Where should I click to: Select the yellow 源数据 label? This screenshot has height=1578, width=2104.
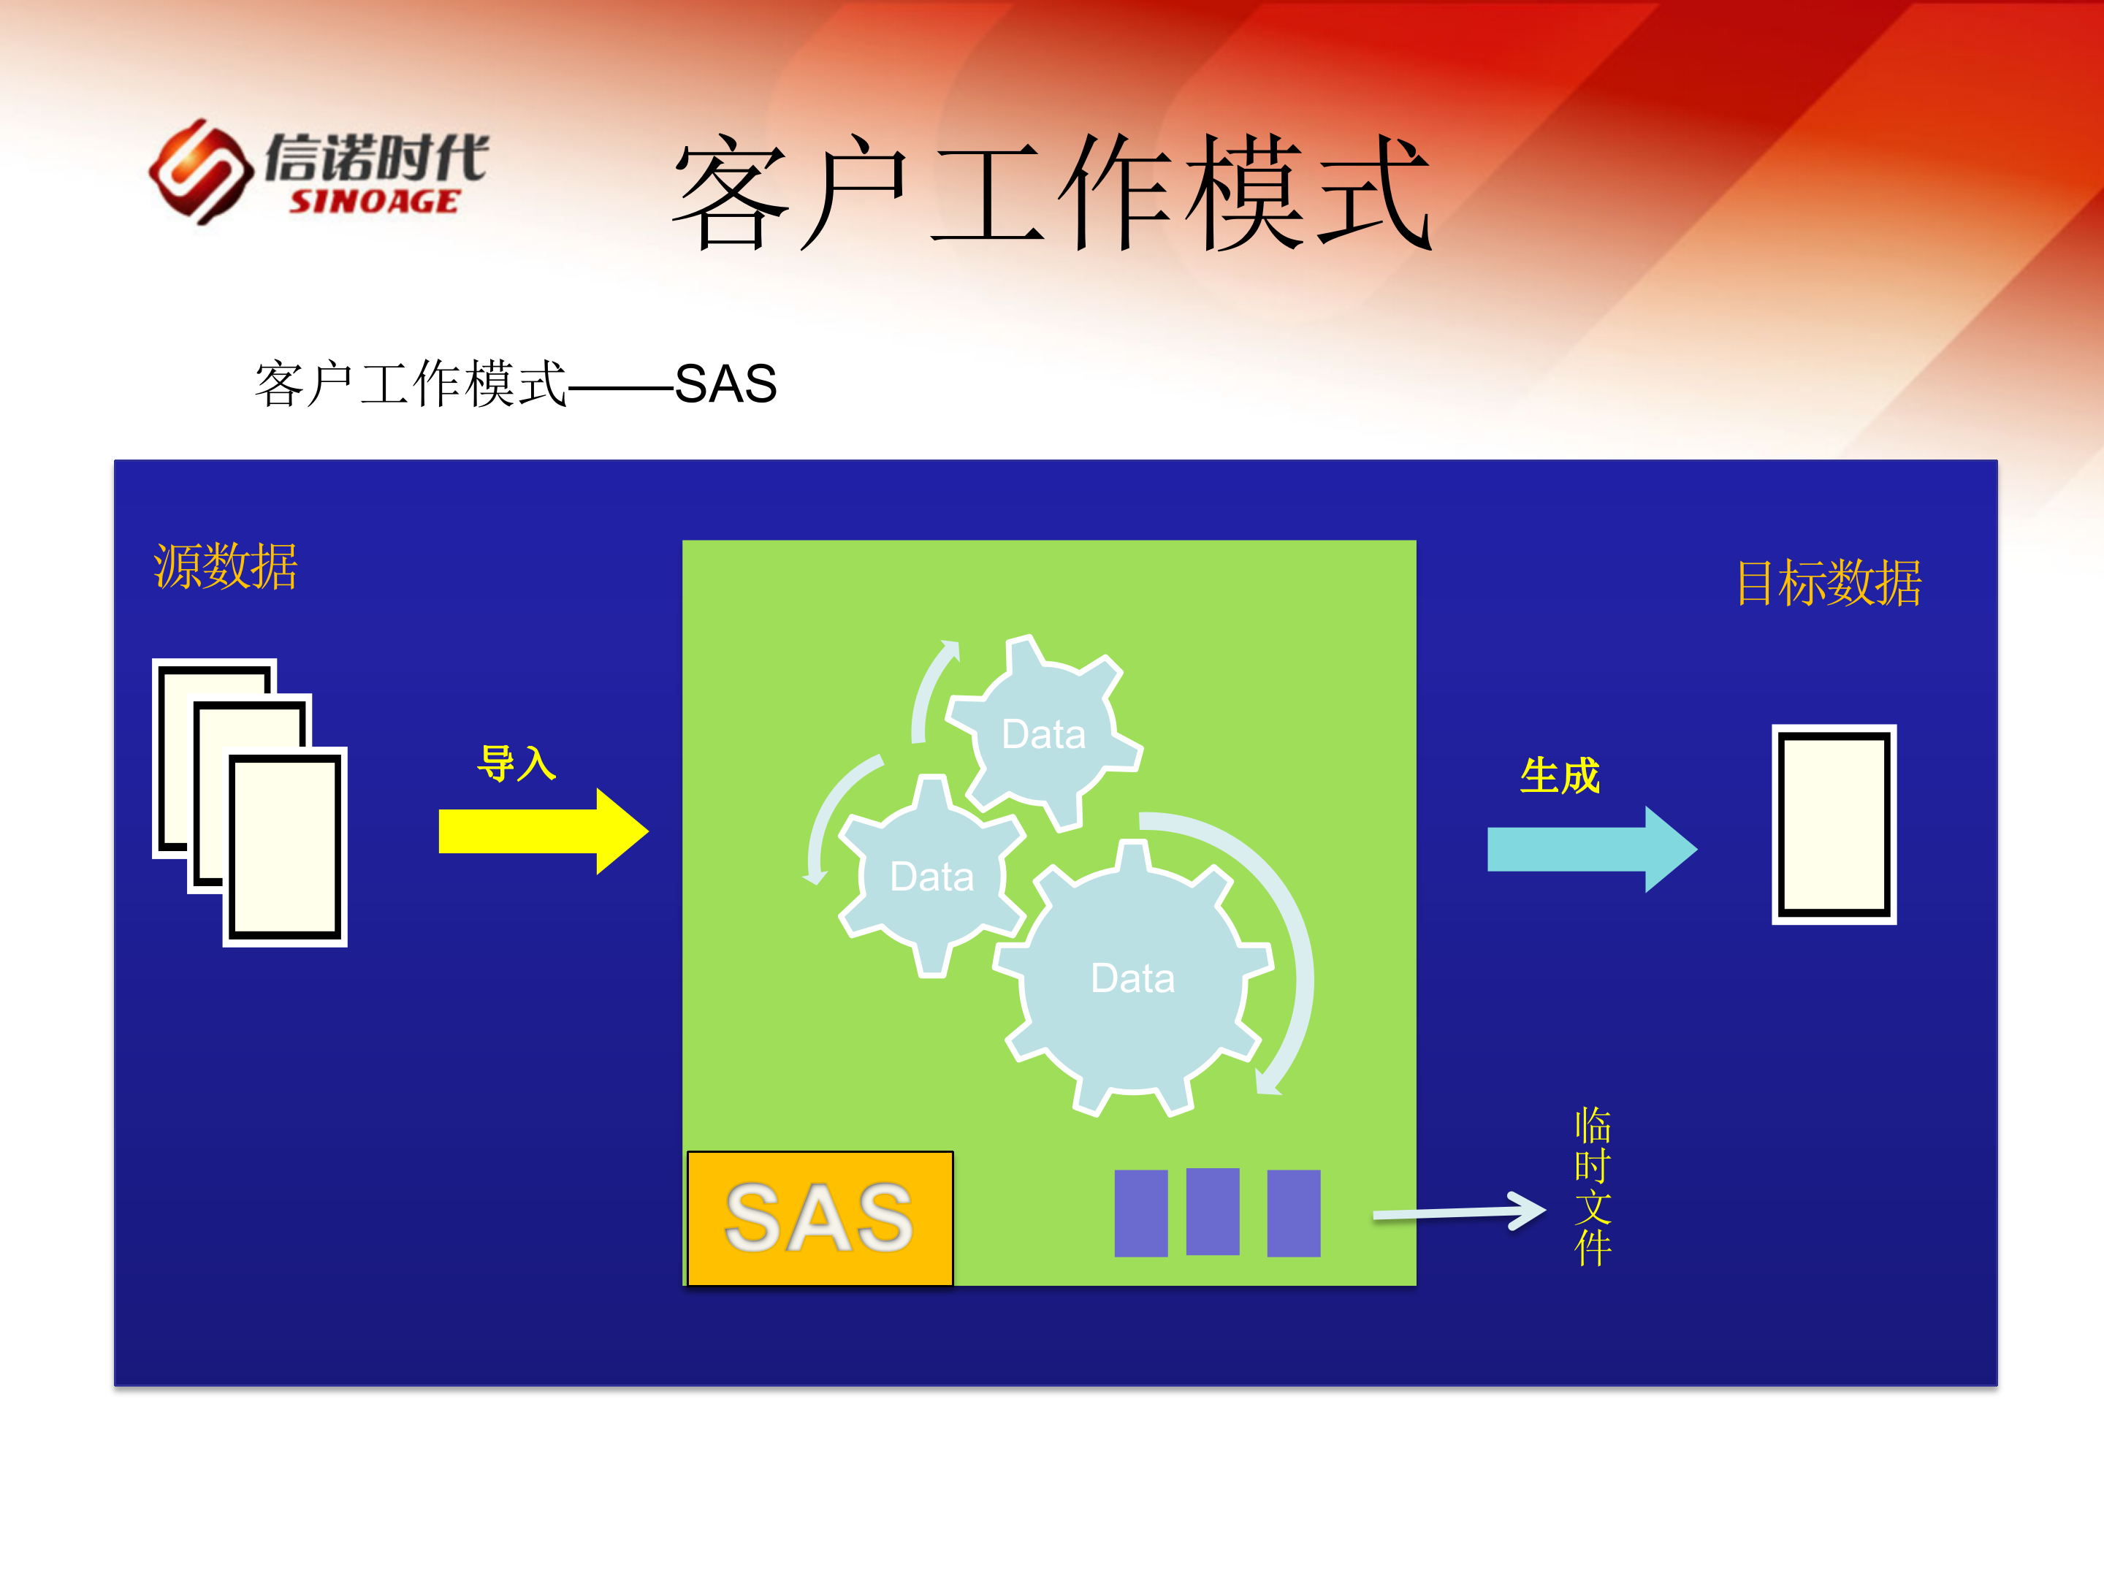[226, 567]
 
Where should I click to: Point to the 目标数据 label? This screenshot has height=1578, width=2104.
[1827, 583]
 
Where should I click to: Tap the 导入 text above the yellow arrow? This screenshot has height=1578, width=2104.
[517, 763]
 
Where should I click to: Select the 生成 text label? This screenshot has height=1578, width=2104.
[1560, 776]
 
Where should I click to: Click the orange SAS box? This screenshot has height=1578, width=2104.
[820, 1219]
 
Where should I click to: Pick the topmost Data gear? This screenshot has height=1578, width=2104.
[1043, 734]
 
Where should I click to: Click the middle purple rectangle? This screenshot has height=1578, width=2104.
[1213, 1212]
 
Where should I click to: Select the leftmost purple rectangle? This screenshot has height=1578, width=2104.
[1140, 1213]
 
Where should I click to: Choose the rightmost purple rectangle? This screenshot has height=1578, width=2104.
[1294, 1213]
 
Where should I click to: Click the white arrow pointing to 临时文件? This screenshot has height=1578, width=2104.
[1460, 1212]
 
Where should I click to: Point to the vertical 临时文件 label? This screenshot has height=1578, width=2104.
[1593, 1186]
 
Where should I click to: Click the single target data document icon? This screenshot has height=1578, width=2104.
[1833, 824]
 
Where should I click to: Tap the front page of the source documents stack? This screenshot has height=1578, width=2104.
[284, 847]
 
